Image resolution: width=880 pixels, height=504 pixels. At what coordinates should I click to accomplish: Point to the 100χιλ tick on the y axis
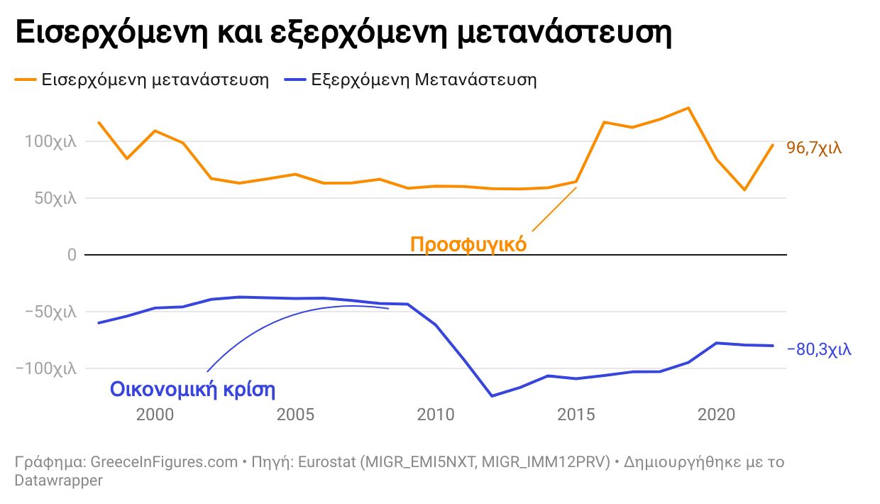(x=50, y=141)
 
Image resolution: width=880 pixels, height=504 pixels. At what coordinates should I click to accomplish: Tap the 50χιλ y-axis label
(x=55, y=198)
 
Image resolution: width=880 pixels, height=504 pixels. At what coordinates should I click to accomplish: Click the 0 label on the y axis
(x=71, y=255)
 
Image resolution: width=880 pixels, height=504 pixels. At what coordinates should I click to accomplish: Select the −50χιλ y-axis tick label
(x=50, y=312)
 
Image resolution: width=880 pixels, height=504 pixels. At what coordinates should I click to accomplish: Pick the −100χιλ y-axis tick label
(x=46, y=368)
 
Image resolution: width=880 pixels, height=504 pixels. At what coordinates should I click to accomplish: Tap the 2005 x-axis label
(x=295, y=415)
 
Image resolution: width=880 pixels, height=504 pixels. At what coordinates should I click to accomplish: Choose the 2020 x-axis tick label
(x=716, y=415)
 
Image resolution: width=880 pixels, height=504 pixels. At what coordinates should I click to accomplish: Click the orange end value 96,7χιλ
(x=814, y=148)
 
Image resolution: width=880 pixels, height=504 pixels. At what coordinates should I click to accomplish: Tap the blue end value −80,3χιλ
(x=819, y=349)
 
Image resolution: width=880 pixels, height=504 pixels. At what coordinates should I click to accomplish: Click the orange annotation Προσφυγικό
(x=468, y=245)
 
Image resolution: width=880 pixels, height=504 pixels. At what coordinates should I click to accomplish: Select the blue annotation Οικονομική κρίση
(x=192, y=390)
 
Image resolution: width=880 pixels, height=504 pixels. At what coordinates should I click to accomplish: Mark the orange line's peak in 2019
(x=688, y=108)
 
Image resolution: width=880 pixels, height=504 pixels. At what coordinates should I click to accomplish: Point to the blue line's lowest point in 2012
(x=491, y=396)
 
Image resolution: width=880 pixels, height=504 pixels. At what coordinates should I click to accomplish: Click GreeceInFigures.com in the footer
(x=164, y=462)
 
